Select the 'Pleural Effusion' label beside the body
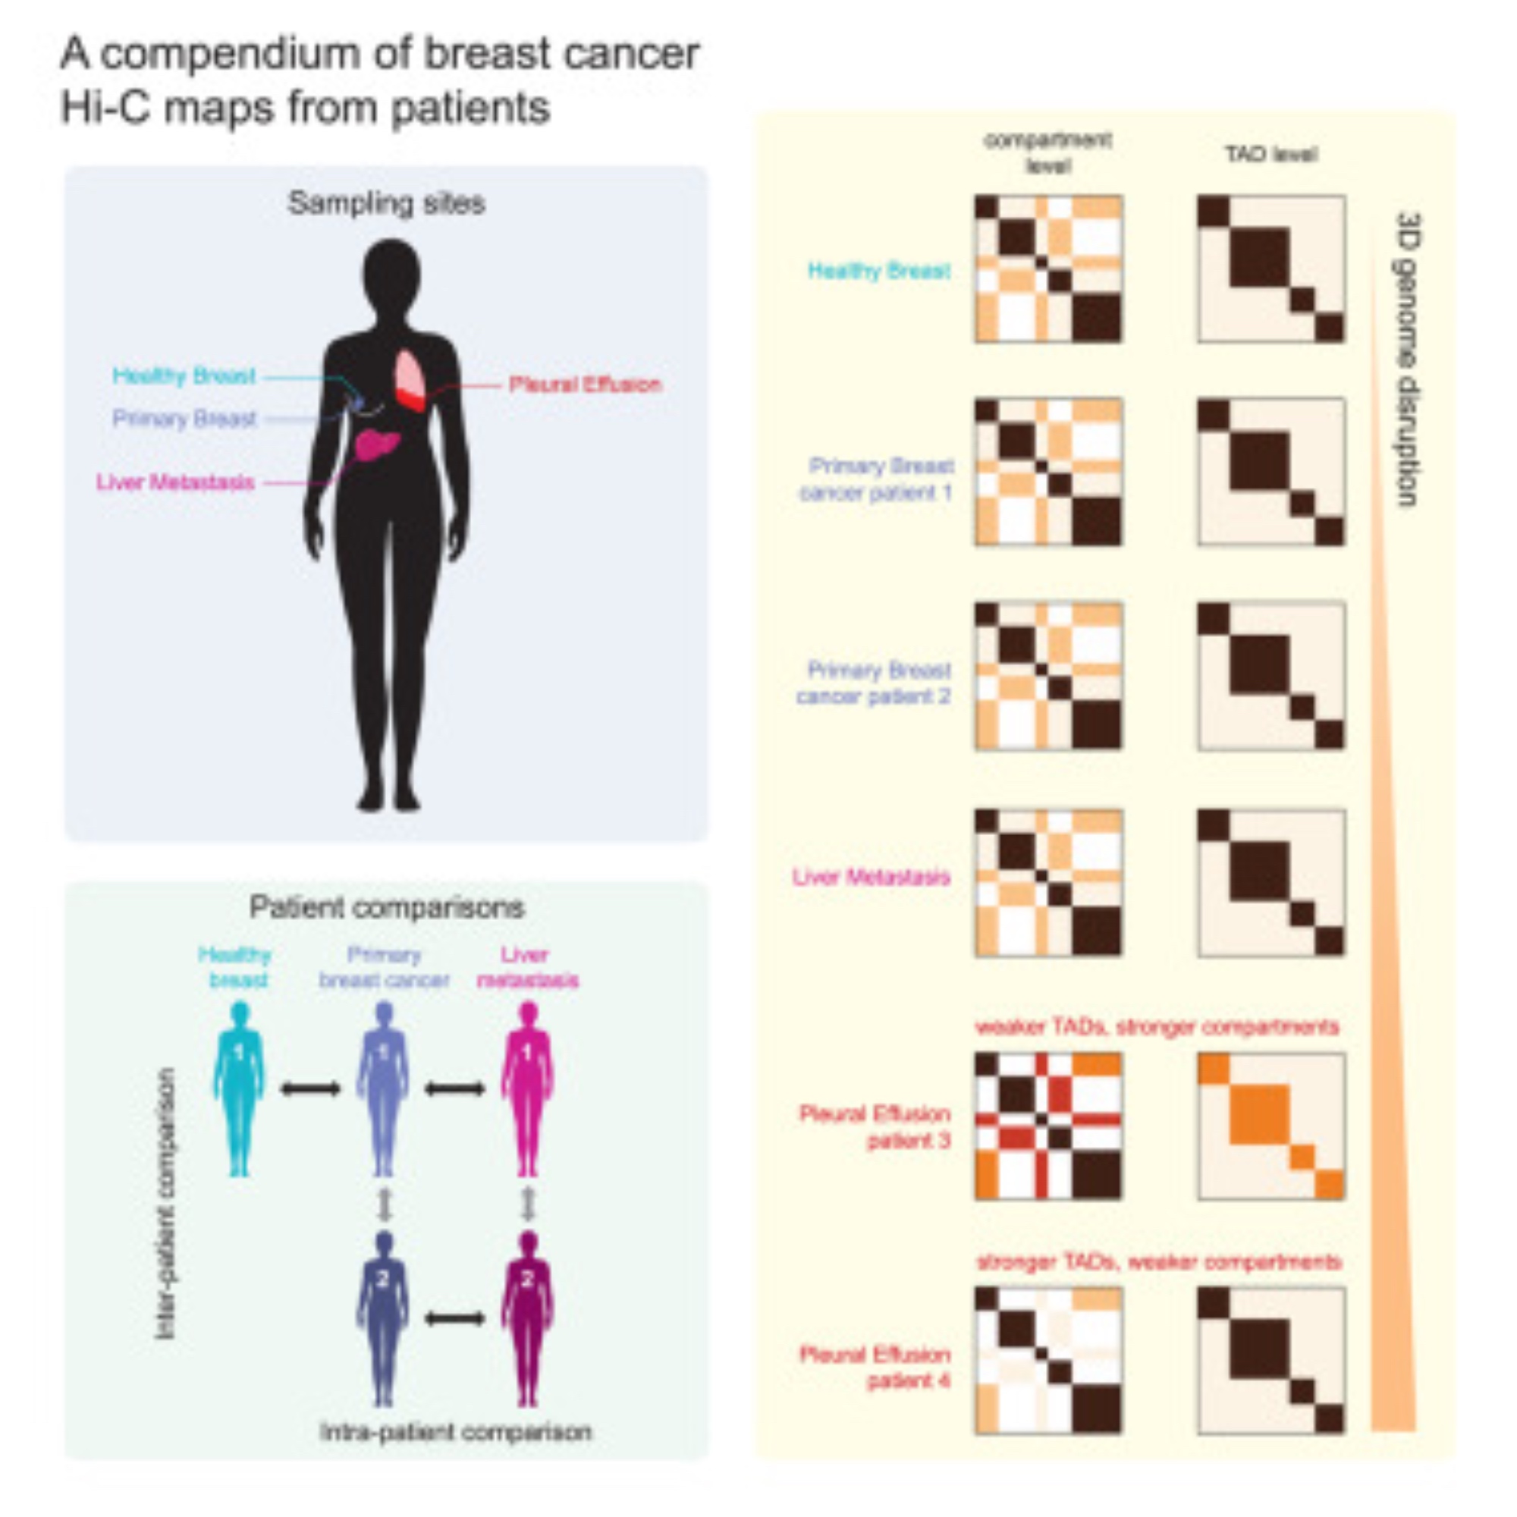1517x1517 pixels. pyautogui.click(x=585, y=385)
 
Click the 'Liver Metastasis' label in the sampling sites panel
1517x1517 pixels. pyautogui.click(x=175, y=482)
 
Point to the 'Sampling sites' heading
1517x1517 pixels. pyautogui.click(x=386, y=203)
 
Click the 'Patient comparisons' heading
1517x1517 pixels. pyautogui.click(x=386, y=908)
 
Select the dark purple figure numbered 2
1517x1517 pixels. pyautogui.click(x=528, y=1318)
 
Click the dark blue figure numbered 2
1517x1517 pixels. pyautogui.click(x=383, y=1318)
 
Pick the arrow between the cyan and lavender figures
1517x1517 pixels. pyautogui.click(x=311, y=1088)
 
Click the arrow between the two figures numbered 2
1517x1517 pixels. pyautogui.click(x=455, y=1318)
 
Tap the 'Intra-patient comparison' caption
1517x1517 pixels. pyautogui.click(x=455, y=1431)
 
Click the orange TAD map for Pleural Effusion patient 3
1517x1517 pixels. pyautogui.click(x=1271, y=1126)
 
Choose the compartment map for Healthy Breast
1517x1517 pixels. pyautogui.click(x=1048, y=269)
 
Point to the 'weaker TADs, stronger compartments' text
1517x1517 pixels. pyautogui.click(x=1157, y=1027)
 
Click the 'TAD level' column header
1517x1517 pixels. pyautogui.click(x=1271, y=155)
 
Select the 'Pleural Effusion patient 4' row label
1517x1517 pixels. pyautogui.click(x=875, y=1367)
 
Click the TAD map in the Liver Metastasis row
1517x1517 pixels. pyautogui.click(x=1271, y=883)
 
